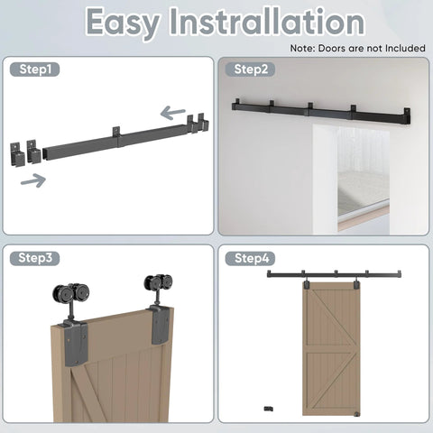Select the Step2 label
point(251,69)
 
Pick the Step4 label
point(251,258)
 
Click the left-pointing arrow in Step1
point(172,113)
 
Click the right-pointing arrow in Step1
point(33,180)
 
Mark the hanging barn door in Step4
point(331,349)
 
